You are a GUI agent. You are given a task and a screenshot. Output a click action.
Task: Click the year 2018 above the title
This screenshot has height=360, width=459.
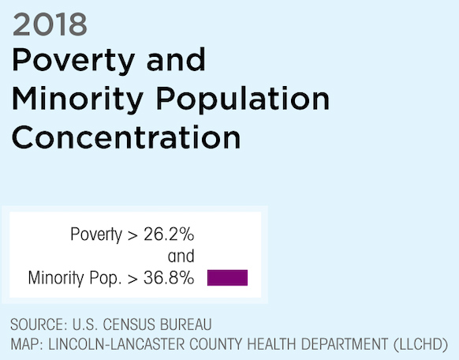coord(50,24)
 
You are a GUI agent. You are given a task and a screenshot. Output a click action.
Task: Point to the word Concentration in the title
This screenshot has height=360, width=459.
coord(126,137)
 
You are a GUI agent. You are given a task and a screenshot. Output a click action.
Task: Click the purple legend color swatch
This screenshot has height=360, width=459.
coord(227,278)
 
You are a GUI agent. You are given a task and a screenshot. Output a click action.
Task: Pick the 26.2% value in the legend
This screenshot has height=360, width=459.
coord(169,234)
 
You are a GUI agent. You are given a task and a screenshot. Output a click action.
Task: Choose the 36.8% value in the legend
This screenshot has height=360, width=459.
coord(169,278)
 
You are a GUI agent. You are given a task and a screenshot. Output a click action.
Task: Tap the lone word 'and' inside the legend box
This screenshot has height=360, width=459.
coord(181,257)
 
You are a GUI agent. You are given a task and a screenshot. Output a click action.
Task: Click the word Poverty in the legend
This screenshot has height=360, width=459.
coord(96,235)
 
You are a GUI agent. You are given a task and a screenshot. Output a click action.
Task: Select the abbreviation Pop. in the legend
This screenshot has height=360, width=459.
coord(106,278)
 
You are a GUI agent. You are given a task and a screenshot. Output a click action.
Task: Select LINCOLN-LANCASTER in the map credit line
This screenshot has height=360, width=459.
coord(117,344)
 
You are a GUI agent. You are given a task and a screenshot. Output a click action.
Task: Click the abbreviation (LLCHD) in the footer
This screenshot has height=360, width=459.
coord(420,344)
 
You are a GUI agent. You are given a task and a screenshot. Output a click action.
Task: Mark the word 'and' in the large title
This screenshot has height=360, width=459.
coord(176,60)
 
